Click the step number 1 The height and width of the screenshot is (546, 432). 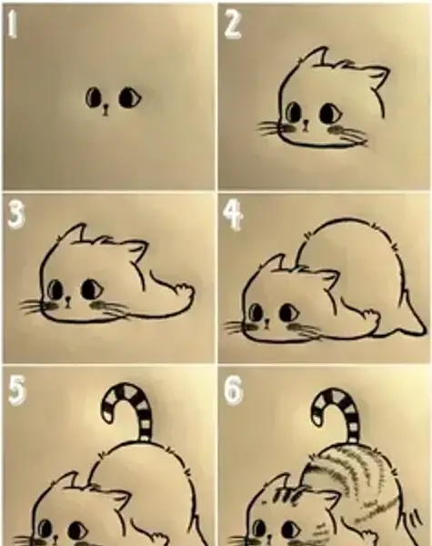12,24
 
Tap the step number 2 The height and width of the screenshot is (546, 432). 232,24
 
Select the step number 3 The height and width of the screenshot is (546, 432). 15,215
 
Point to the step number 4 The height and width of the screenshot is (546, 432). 232,217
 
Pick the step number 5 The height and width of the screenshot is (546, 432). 16,390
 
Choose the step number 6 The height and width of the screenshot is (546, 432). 233,390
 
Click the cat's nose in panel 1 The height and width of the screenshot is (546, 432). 105,110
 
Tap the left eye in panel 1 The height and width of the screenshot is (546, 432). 94,97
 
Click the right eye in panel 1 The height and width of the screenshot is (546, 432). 130,98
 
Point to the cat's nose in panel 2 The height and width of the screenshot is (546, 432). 306,126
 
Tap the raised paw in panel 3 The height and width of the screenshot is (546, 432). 183,292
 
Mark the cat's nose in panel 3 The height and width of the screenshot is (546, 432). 68,301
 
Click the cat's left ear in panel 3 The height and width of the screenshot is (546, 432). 72,232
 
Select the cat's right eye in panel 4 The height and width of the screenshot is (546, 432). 288,312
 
